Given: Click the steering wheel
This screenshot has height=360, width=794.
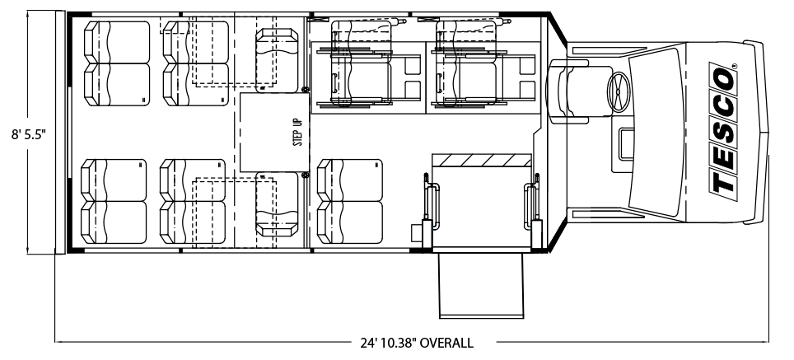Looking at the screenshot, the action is point(619,91).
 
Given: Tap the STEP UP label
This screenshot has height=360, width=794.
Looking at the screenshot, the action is point(298,132).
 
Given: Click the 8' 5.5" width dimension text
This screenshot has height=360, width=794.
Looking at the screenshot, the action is point(29,134).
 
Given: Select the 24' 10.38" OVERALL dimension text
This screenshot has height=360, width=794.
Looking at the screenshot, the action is point(417,343).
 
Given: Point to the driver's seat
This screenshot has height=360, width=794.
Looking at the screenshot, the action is point(567,91).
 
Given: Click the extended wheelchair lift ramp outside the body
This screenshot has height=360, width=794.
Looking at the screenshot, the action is point(480,284).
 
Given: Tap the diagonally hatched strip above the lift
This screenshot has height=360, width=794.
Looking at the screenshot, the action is point(481,160).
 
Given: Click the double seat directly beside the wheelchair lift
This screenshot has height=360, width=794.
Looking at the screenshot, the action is point(349,201).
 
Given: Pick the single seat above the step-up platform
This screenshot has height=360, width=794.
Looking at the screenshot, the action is point(277,60).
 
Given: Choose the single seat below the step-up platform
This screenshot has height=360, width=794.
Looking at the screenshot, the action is point(277,204).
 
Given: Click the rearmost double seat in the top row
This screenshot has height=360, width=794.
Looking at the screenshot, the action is point(117,63).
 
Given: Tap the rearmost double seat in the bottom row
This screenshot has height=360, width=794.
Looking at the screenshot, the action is point(114,201).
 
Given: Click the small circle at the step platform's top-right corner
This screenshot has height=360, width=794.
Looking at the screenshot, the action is point(306,90).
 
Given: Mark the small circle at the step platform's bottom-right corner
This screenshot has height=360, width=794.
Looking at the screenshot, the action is point(306,175).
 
